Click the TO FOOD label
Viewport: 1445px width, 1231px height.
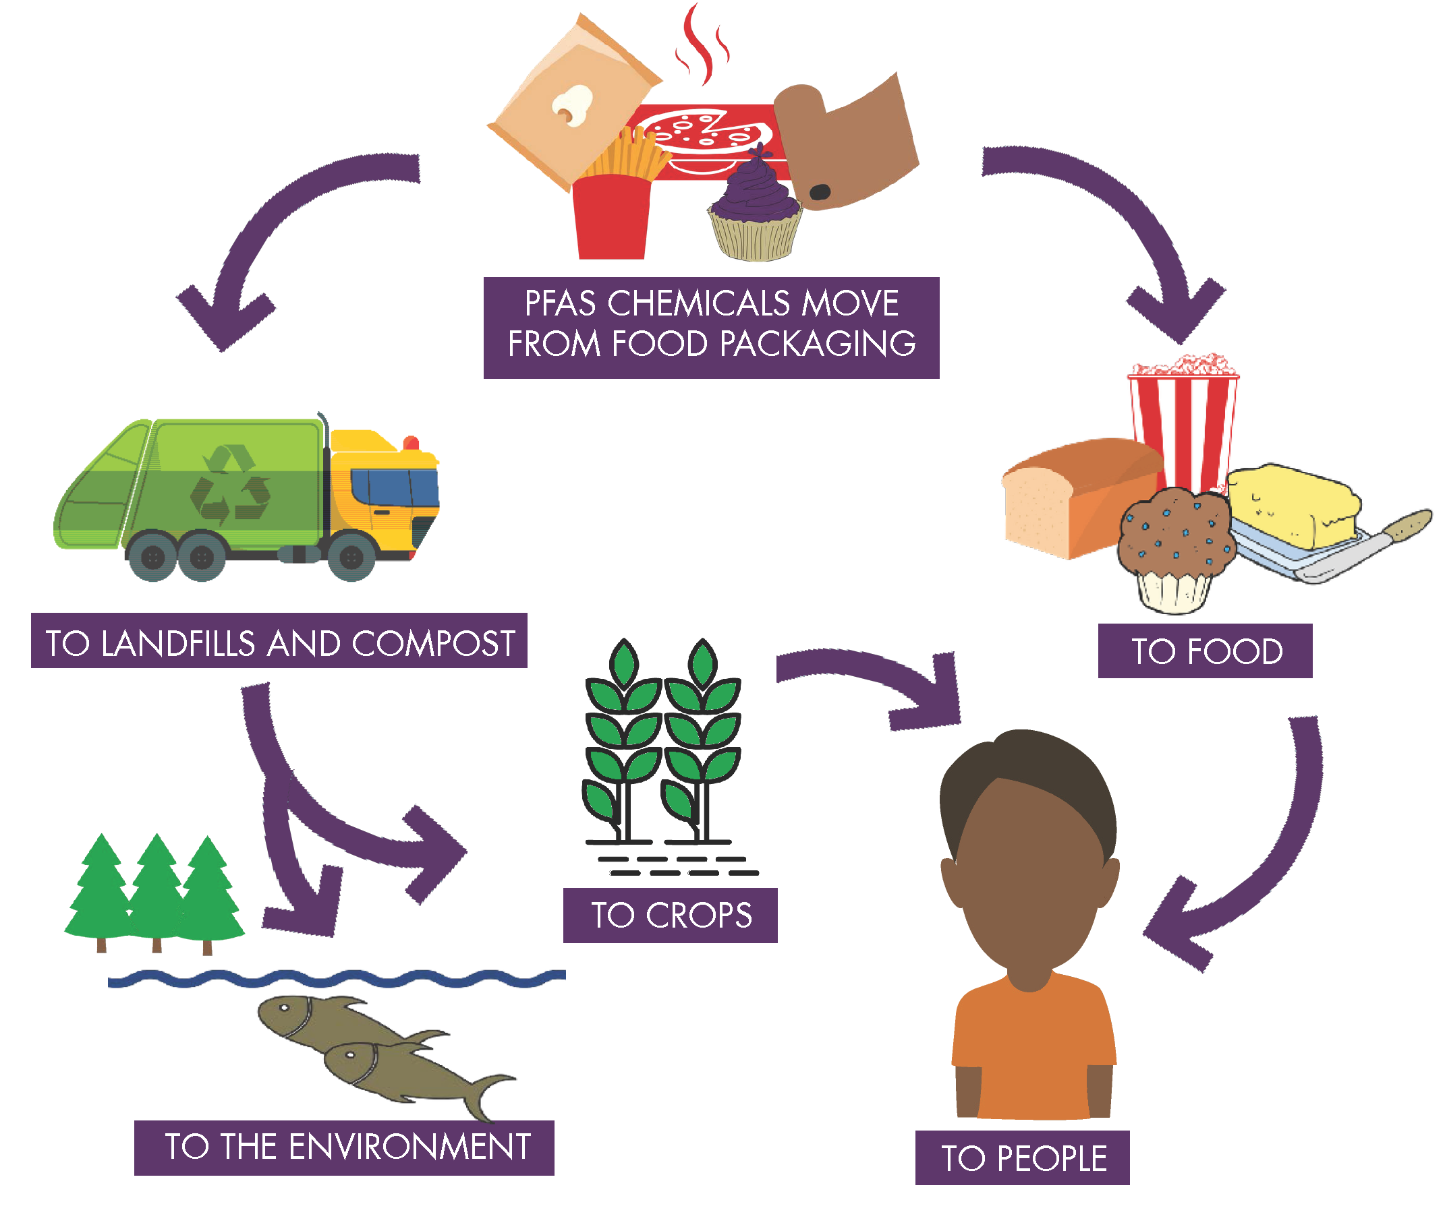point(1204,651)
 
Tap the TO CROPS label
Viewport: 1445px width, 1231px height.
point(670,915)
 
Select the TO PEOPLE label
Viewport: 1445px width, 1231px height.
point(1023,1158)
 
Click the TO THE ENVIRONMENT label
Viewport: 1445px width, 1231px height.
point(345,1147)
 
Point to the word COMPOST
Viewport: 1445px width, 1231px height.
point(433,642)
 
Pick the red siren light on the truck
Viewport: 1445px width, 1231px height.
point(412,442)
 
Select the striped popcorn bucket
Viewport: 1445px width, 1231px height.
point(1183,425)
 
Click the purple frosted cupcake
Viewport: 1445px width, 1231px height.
point(756,209)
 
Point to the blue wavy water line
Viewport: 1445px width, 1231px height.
point(335,978)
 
